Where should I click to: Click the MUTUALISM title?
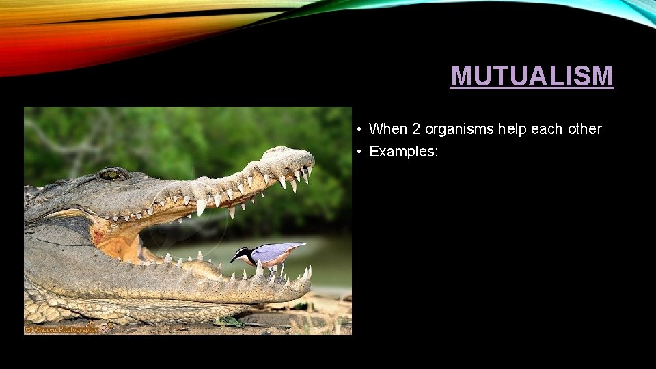click(x=532, y=76)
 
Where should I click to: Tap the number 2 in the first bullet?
click(x=416, y=128)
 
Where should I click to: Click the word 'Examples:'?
click(x=403, y=152)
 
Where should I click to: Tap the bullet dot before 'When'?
click(x=358, y=129)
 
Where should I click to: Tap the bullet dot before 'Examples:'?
click(x=358, y=152)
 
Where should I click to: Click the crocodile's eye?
click(x=110, y=175)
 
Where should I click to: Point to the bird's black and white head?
click(x=243, y=256)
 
